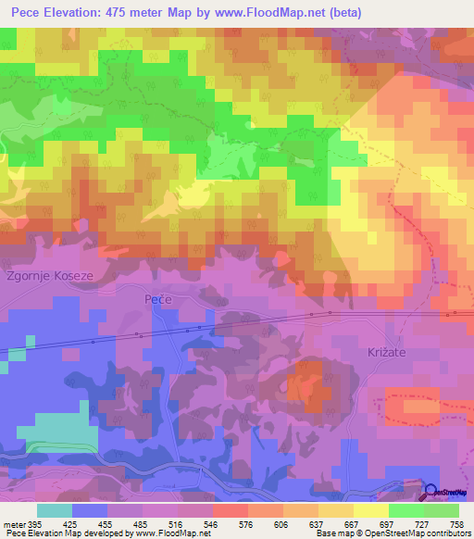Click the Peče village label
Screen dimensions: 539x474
pos(158,300)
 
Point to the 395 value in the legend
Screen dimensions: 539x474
pos(33,523)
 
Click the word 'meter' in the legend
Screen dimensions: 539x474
pos(12,523)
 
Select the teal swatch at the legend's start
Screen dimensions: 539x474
pos(55,510)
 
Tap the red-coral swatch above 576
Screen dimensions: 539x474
pos(231,510)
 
